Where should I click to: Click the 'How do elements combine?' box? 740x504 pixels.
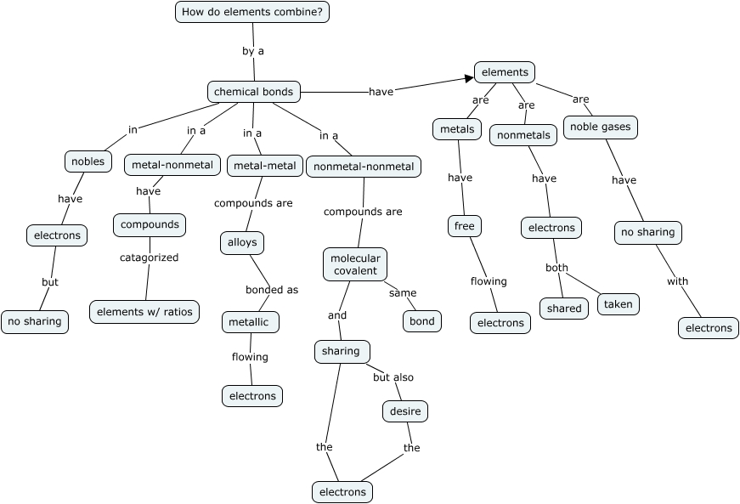click(x=252, y=12)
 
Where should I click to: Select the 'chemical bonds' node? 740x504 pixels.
click(x=253, y=92)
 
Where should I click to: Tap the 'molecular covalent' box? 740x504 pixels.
click(x=355, y=263)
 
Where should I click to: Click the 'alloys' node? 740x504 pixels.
click(x=242, y=242)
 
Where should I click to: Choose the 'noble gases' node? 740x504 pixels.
click(x=600, y=127)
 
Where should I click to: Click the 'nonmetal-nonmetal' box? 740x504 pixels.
click(x=364, y=167)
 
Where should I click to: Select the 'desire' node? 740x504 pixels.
click(x=404, y=411)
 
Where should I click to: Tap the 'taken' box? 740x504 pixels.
click(x=618, y=304)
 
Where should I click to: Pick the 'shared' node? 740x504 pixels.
click(x=564, y=309)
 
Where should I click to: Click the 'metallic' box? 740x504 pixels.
click(x=251, y=322)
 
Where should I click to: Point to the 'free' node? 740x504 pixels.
click(x=465, y=226)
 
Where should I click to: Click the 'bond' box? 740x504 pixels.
click(x=422, y=321)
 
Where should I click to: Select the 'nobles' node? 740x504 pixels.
click(x=88, y=161)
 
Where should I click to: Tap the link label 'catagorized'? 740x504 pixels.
click(x=149, y=258)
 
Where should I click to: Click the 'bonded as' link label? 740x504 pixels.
click(x=272, y=290)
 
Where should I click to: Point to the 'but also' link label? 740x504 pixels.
click(x=393, y=377)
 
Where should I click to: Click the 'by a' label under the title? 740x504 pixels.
click(x=253, y=51)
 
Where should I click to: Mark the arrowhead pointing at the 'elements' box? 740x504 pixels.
click(x=468, y=79)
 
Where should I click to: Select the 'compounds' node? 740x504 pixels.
click(x=150, y=224)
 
